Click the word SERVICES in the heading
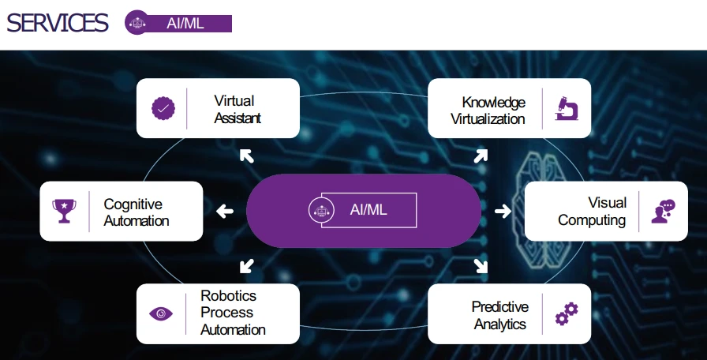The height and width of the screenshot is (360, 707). [x=57, y=23]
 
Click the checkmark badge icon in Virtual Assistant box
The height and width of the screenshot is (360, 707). [x=163, y=108]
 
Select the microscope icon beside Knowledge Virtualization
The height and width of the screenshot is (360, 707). [x=567, y=108]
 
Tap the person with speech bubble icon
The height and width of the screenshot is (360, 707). [x=663, y=211]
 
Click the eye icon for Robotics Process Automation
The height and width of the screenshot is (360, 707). [x=161, y=313]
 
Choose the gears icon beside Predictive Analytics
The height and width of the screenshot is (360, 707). [x=567, y=313]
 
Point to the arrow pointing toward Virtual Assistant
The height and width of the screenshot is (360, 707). [x=246, y=156]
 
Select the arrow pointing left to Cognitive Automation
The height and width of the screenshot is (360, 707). [x=225, y=211]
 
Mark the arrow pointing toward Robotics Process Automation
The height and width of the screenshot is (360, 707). [x=246, y=265]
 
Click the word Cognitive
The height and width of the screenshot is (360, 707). [x=133, y=204]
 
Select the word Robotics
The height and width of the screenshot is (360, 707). [x=229, y=296]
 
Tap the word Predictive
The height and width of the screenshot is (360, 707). [x=500, y=306]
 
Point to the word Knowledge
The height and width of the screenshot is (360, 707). [x=494, y=103]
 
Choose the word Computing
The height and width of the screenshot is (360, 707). [x=592, y=220]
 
